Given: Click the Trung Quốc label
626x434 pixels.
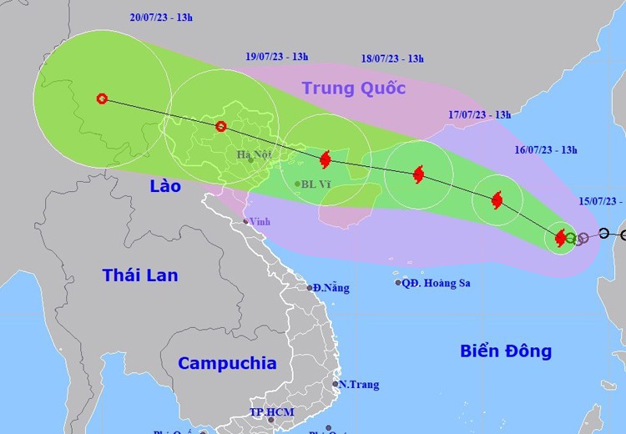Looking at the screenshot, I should [354, 88].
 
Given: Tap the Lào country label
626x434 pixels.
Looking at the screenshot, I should [165, 186].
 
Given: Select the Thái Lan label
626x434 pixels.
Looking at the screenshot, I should [140, 275].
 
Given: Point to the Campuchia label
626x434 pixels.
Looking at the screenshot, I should [227, 363].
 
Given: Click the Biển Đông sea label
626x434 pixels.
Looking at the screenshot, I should [506, 351].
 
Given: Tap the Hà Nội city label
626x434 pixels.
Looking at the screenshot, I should [254, 154].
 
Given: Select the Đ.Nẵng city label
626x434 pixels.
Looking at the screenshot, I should [331, 288].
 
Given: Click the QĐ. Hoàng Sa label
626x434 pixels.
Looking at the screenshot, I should [436, 283].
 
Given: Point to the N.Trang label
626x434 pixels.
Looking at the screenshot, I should [359, 385].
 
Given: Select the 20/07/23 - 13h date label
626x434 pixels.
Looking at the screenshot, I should [163, 17].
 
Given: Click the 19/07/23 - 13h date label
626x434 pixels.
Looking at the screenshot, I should [277, 57].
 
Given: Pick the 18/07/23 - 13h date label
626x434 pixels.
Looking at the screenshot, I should [392, 58].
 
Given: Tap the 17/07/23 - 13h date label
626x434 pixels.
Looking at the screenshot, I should [479, 115].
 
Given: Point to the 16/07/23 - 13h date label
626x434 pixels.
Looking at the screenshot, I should [546, 150].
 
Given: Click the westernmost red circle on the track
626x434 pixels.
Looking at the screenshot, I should [102, 98].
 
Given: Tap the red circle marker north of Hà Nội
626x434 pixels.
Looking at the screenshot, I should [220, 127].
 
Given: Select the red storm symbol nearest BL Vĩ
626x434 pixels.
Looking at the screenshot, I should [326, 159].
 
